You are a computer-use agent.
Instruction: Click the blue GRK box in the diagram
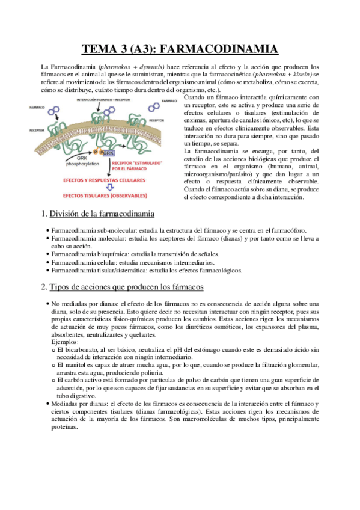108,154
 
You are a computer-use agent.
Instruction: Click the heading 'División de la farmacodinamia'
102,214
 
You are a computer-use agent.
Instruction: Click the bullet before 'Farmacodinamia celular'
47,263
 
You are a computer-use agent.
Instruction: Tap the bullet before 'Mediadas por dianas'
47,405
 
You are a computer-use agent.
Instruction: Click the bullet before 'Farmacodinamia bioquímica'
47,255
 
